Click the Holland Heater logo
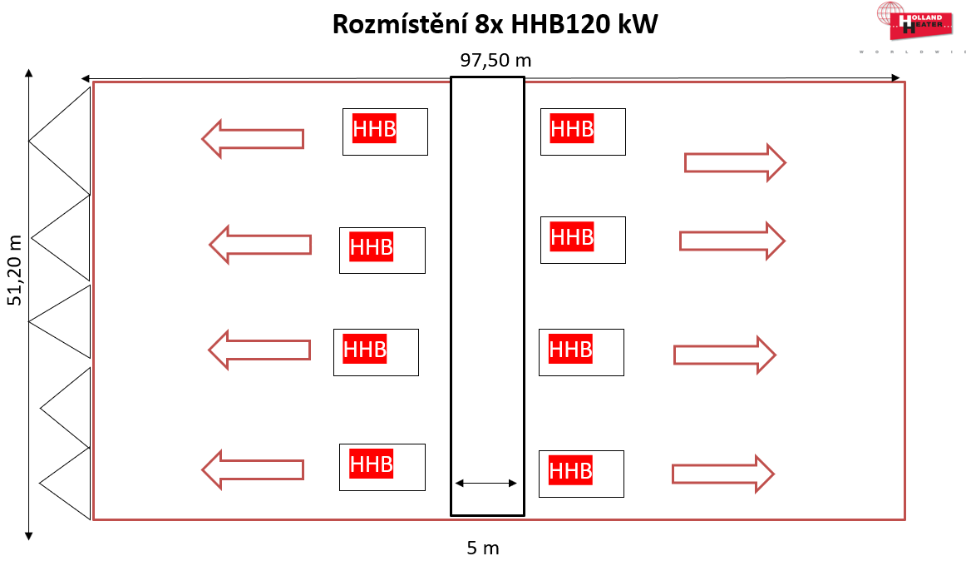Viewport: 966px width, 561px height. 912,22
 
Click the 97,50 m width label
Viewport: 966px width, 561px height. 495,60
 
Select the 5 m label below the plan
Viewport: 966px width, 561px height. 482,548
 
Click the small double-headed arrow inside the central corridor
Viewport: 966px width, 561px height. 486,483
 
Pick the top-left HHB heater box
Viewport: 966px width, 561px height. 385,132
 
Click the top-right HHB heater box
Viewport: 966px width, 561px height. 582,132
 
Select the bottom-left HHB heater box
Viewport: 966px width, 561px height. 382,466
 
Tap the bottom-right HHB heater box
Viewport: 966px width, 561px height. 580,474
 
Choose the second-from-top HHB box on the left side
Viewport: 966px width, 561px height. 382,250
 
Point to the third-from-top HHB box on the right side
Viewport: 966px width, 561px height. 580,352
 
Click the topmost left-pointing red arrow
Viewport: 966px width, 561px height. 253,139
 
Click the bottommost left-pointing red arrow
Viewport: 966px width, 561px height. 253,469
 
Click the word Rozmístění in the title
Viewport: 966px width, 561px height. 399,25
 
